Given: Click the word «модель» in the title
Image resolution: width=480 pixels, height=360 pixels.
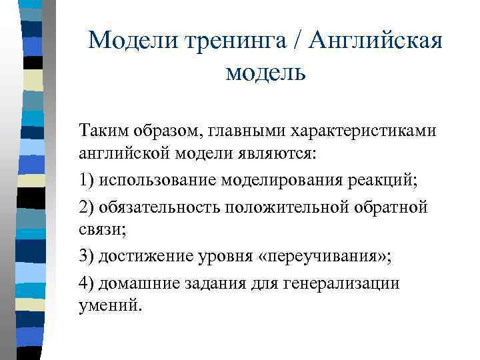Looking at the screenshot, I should pyautogui.click(x=265, y=71).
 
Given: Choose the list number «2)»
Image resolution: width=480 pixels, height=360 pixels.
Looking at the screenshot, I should pyautogui.click(x=86, y=207).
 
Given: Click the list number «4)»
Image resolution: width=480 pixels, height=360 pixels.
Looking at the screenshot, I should pyautogui.click(x=86, y=283).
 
